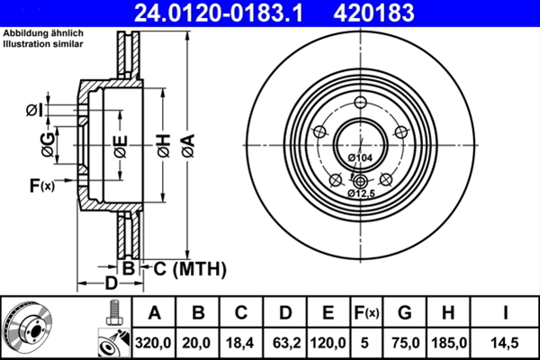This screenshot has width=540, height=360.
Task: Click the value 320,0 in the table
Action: (154, 343)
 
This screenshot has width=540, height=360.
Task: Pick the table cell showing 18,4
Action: (240, 343)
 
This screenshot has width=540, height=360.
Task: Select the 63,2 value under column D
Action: (284, 343)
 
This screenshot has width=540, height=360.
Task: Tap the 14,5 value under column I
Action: (505, 343)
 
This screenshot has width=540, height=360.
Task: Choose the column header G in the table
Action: (405, 312)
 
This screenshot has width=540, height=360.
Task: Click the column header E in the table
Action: (328, 312)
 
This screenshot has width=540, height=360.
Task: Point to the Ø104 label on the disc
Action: (360, 158)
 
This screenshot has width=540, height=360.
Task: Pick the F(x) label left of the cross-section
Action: (41, 186)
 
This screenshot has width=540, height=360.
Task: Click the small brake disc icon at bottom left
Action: (29, 328)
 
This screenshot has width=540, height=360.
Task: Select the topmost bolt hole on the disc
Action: (359, 100)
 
